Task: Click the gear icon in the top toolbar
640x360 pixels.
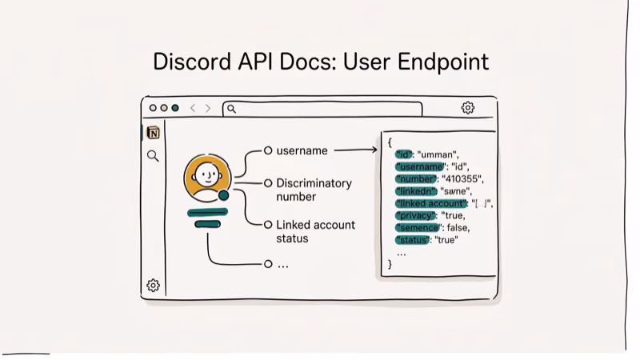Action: point(468,108)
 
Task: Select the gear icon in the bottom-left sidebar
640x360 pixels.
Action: point(153,286)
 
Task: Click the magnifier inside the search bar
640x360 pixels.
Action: point(231,109)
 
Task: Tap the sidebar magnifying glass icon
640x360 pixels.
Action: point(153,156)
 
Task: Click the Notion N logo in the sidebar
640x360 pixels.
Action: point(153,133)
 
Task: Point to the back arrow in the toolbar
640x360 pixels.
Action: point(193,108)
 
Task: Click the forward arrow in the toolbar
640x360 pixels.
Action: point(208,108)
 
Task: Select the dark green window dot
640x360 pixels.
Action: point(174,108)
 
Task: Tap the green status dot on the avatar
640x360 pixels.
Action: point(223,195)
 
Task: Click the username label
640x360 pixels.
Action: point(302,150)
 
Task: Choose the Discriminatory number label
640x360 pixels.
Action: point(314,190)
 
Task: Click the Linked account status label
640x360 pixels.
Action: point(315,231)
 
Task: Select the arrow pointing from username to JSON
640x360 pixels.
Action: point(355,150)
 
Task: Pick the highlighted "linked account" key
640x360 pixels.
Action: point(431,203)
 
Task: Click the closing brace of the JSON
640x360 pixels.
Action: point(390,263)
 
